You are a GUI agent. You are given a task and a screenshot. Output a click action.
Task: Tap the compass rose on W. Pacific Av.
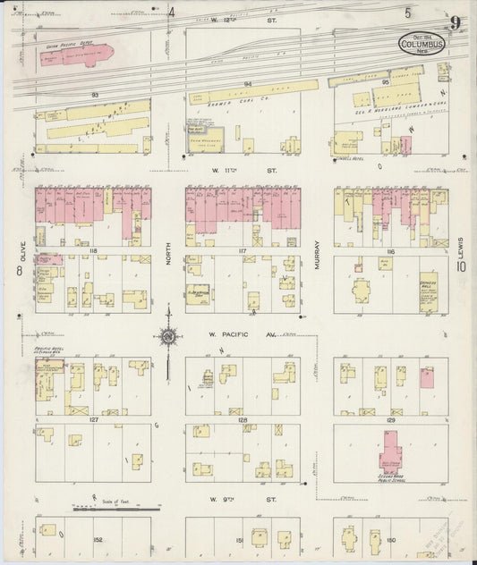[167, 337]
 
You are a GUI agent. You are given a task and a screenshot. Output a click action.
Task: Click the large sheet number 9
[456, 23]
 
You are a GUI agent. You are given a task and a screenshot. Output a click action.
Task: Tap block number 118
[92, 253]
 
